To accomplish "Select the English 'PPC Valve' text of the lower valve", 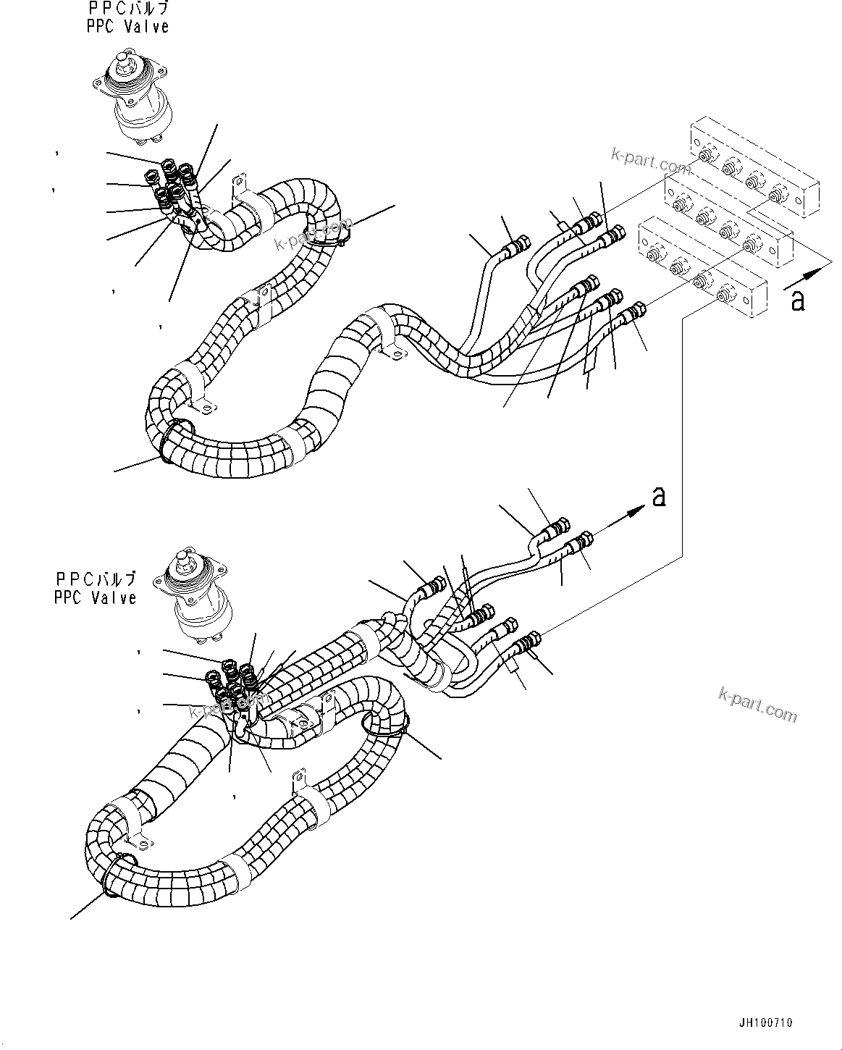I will pyautogui.click(x=95, y=597).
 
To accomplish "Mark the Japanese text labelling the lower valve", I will pyautogui.click(x=95, y=579).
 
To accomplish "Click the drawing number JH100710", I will pyautogui.click(x=765, y=1022).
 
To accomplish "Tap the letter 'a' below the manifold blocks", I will pyautogui.click(x=797, y=299).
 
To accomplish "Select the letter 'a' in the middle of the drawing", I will pyautogui.click(x=657, y=496).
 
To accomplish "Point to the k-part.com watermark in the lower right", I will pyautogui.click(x=757, y=704).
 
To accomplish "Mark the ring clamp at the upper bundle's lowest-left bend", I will pyautogui.click(x=172, y=440).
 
